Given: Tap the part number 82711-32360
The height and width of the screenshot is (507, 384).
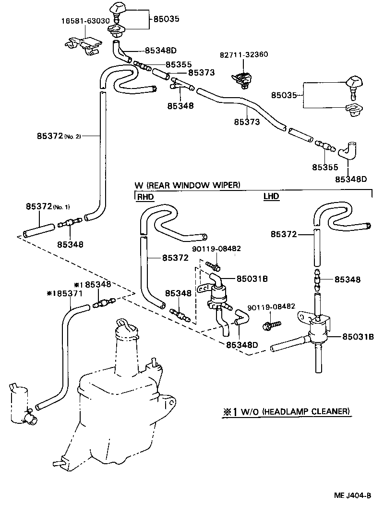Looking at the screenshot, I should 244,54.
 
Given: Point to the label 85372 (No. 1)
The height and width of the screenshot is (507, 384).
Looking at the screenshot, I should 48,207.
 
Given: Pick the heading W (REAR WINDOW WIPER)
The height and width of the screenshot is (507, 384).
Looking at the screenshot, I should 187,185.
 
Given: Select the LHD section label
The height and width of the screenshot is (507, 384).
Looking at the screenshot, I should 271,196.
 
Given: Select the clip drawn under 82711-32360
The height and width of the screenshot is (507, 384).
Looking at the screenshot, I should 243,78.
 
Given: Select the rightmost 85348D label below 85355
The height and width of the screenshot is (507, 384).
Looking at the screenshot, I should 351,179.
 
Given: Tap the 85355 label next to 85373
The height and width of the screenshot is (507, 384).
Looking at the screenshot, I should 179,64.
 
